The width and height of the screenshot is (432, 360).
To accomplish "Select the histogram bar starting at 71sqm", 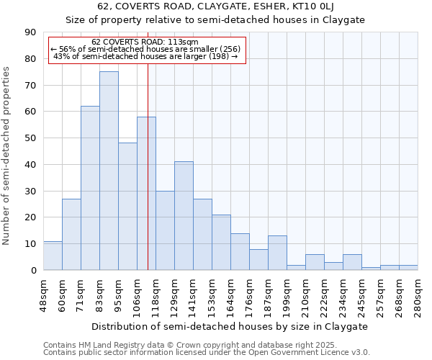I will click(90, 188).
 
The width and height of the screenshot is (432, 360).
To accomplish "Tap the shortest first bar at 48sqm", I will click(53, 256).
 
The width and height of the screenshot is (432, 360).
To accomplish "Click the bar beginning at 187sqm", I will click(277, 253).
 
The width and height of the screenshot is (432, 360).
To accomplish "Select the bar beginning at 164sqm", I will click(240, 252).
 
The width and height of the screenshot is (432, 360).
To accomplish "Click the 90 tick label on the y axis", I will click(31, 32).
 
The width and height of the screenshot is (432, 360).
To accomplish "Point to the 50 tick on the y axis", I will click(31, 138).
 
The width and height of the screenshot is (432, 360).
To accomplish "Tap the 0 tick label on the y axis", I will click(34, 270).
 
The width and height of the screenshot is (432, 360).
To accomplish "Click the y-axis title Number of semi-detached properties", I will click(7, 156).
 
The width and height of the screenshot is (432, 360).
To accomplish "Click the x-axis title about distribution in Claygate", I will click(230, 326).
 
